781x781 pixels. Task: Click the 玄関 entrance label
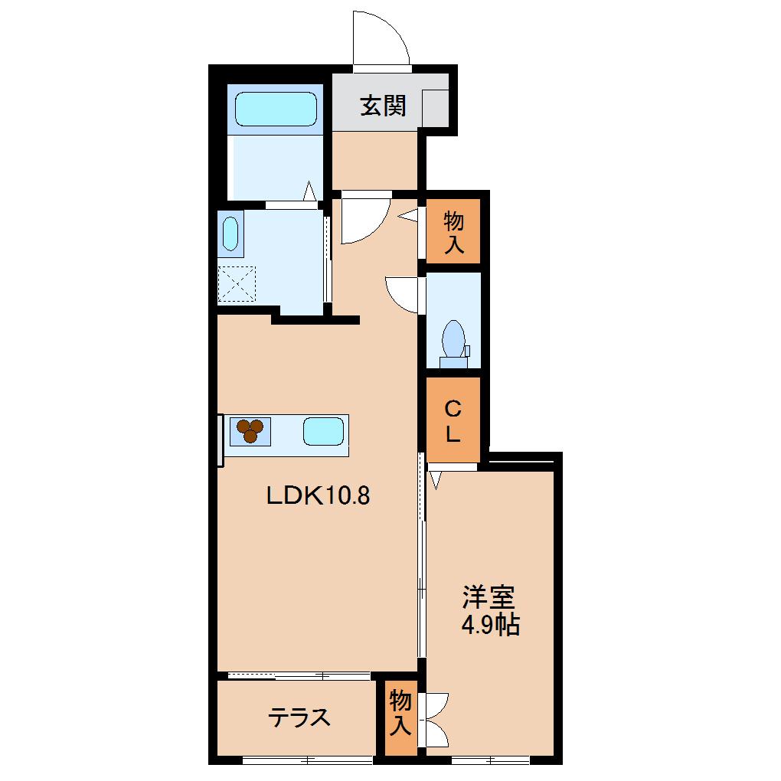(382, 106)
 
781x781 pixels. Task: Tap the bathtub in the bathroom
(276, 109)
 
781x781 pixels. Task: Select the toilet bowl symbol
(453, 337)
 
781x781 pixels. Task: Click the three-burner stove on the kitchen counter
(250, 431)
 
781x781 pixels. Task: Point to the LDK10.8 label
(318, 496)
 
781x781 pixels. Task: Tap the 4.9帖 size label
(490, 626)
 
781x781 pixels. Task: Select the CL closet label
(453, 420)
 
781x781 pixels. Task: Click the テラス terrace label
(299, 717)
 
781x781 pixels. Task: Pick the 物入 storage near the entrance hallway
(454, 233)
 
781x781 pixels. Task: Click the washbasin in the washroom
(230, 234)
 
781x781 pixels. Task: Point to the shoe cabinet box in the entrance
(434, 108)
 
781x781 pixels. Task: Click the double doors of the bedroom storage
(434, 718)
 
